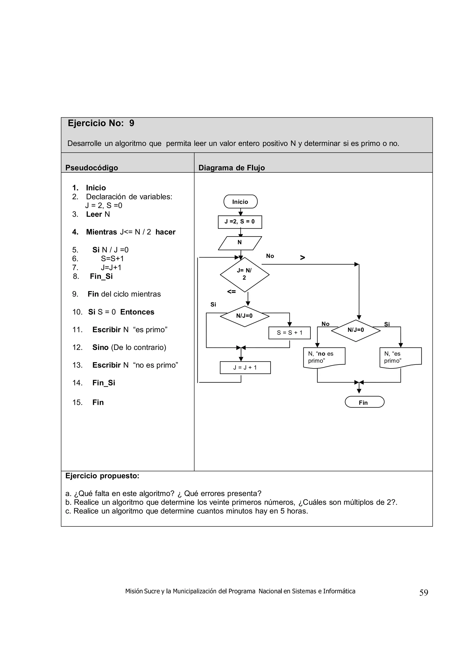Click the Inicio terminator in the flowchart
click(x=240, y=202)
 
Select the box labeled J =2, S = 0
click(x=240, y=222)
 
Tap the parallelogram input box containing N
click(x=240, y=243)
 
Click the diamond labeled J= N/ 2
click(x=244, y=274)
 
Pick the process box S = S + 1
click(x=289, y=333)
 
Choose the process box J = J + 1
click(x=245, y=367)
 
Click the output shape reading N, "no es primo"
click(x=324, y=358)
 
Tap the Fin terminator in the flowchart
click(x=364, y=402)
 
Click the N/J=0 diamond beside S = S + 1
click(x=244, y=316)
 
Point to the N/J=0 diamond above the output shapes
click(x=356, y=330)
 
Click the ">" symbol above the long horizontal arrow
click(x=302, y=257)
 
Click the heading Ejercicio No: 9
click(x=101, y=123)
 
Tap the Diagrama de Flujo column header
click(x=231, y=168)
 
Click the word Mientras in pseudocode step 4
click(x=101, y=232)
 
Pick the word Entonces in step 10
click(x=137, y=312)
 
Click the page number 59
click(x=423, y=593)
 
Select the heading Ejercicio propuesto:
click(x=102, y=476)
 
